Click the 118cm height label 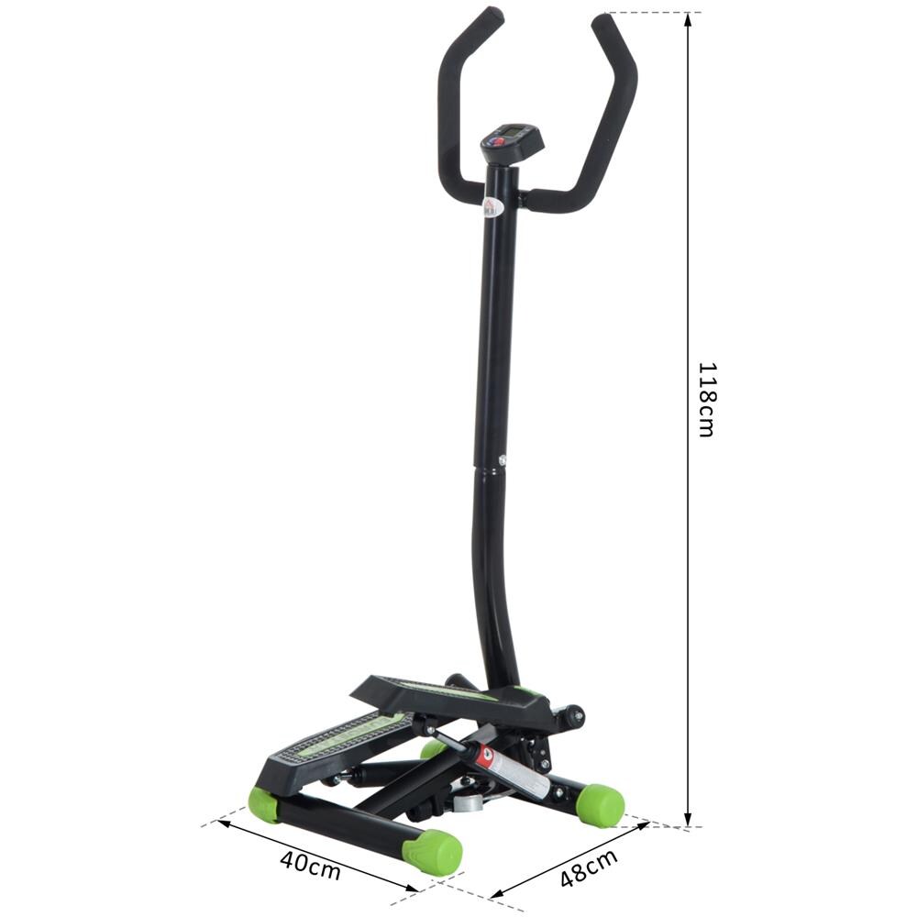click(x=705, y=400)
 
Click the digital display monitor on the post click(x=513, y=140)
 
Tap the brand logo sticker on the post click(x=490, y=210)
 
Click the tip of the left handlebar click(x=492, y=16)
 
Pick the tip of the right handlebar click(x=602, y=21)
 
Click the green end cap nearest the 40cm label click(x=433, y=852)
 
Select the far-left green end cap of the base click(x=264, y=804)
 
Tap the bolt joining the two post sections click(x=503, y=461)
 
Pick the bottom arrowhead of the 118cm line click(x=688, y=821)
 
